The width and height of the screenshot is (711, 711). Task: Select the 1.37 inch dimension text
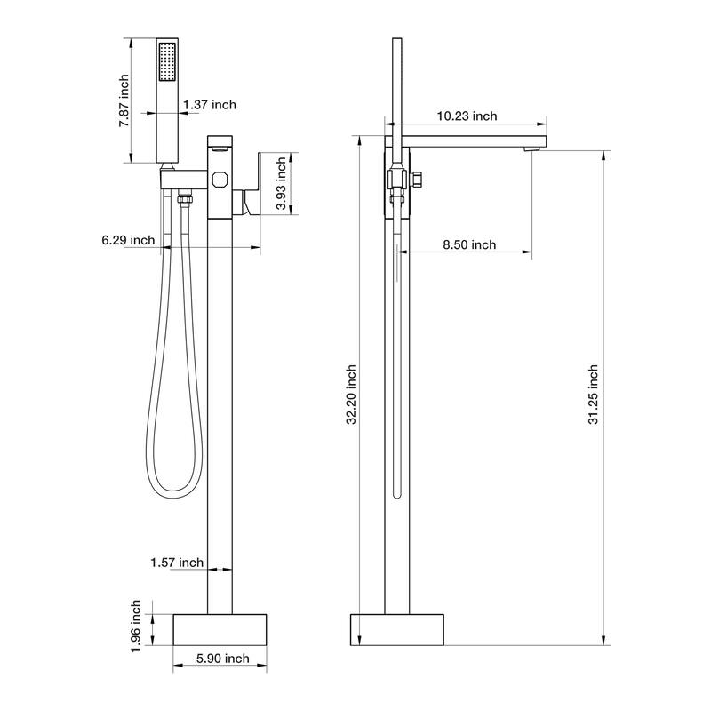click(x=210, y=105)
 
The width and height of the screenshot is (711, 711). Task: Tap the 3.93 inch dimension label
click(x=281, y=183)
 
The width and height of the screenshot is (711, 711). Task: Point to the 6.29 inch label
click(x=128, y=240)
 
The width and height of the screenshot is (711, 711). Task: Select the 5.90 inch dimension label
click(x=222, y=659)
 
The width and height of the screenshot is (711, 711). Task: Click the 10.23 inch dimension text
click(x=467, y=116)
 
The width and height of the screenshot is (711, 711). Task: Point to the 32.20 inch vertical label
click(x=351, y=394)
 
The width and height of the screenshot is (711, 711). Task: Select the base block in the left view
click(x=220, y=628)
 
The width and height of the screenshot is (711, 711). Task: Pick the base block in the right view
click(x=395, y=628)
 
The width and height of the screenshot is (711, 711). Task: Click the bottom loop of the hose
click(x=174, y=487)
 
